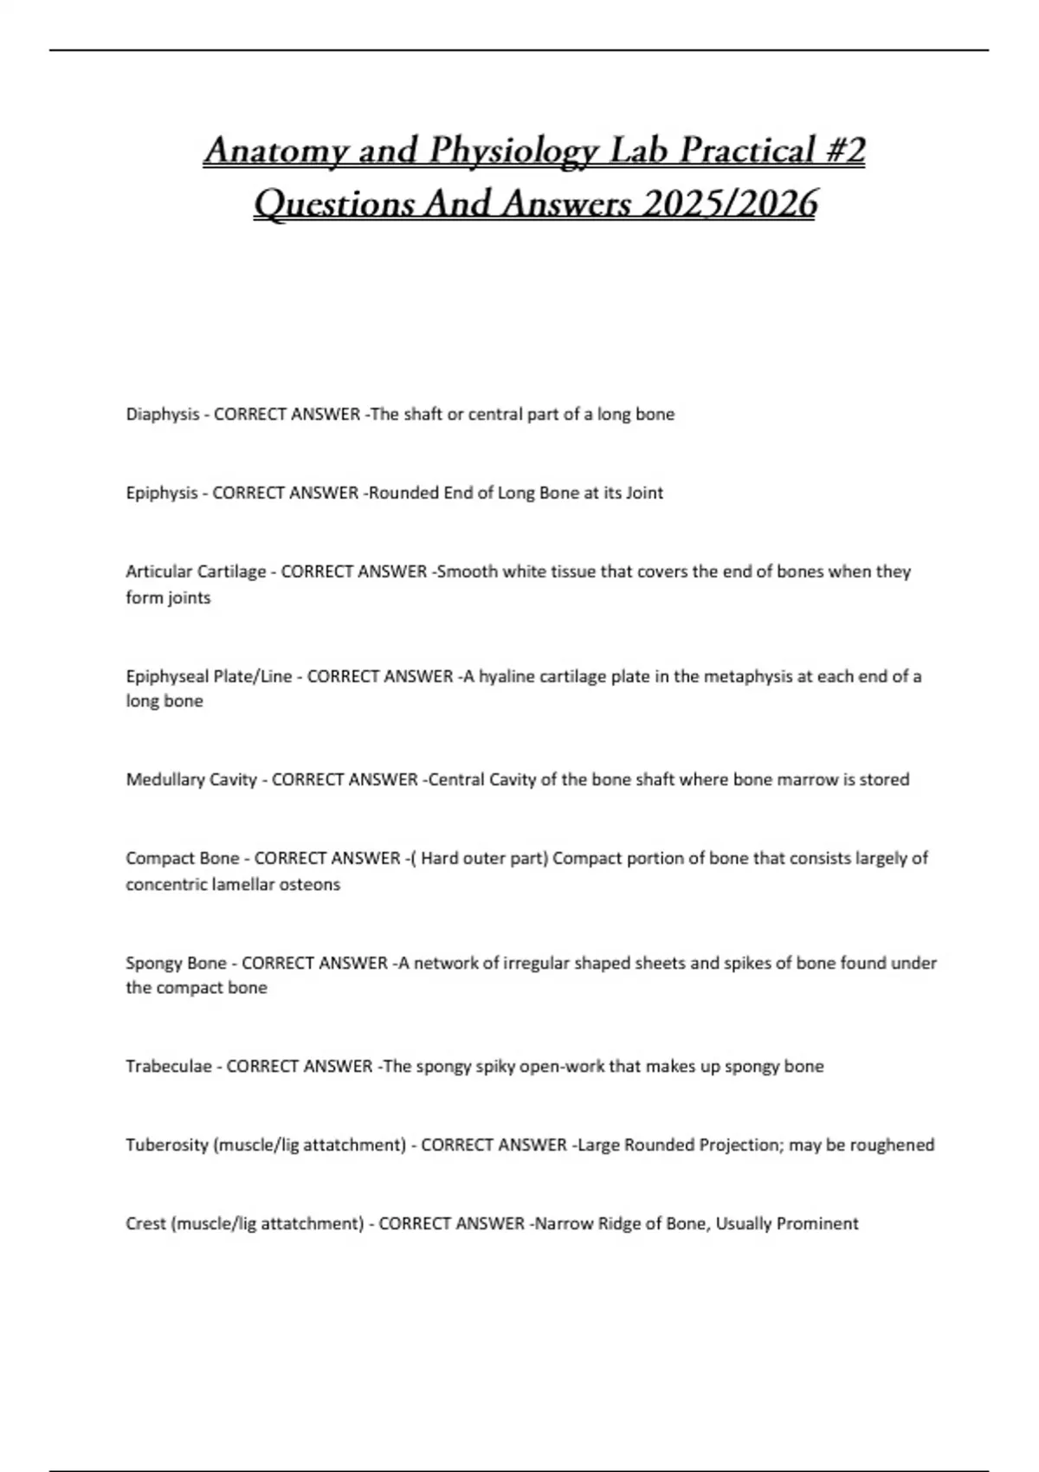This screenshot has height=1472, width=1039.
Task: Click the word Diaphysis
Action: point(163,415)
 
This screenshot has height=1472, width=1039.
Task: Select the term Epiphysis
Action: point(162,494)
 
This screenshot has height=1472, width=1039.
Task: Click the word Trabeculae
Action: point(169,1066)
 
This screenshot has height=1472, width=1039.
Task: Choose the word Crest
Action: point(145,1223)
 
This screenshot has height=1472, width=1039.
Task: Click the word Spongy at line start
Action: point(151,963)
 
